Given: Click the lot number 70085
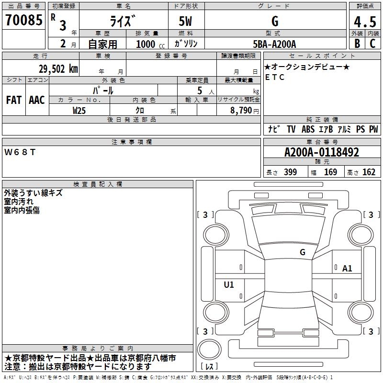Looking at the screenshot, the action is [23, 20].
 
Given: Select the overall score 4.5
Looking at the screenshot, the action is [365, 22].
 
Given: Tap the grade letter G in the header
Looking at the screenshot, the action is [274, 22].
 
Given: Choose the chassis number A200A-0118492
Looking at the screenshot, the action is [321, 152].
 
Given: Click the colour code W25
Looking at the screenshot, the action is [79, 110].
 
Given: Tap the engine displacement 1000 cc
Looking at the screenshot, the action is [148, 44].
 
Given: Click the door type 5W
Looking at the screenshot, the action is [186, 22].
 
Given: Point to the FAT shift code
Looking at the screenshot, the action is [14, 100].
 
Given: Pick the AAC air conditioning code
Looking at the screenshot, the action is [36, 100].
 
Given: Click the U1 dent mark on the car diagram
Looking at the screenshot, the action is [229, 285].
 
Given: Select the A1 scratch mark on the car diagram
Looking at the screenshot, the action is [347, 269].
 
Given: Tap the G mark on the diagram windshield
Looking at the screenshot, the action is [302, 252].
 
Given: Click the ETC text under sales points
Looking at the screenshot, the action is [275, 77].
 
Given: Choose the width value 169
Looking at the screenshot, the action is [330, 172].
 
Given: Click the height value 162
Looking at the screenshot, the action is [369, 172].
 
